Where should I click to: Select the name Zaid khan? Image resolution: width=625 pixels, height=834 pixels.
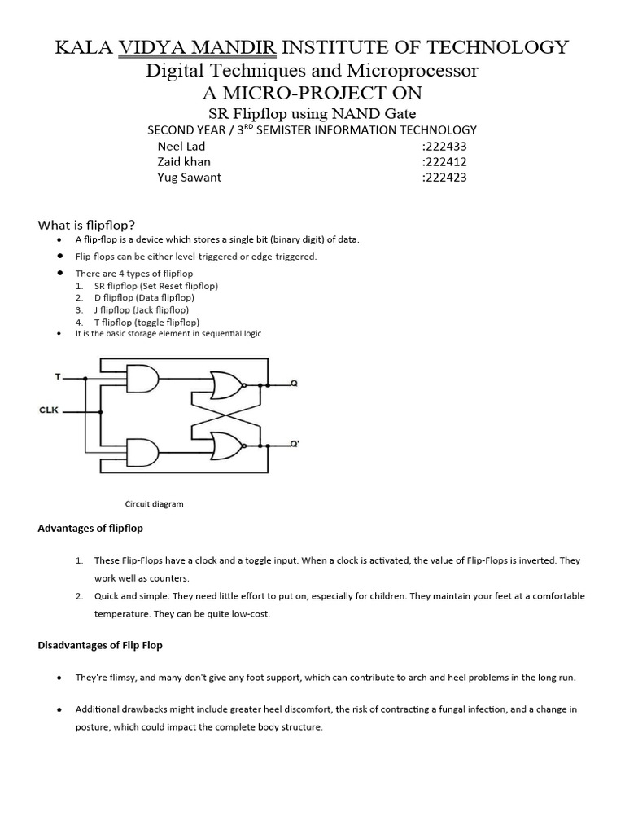(184, 162)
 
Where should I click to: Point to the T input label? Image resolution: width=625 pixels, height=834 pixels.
(57, 377)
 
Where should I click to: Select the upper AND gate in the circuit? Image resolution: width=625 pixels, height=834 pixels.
(144, 378)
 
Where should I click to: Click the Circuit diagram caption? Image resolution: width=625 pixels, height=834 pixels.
(154, 504)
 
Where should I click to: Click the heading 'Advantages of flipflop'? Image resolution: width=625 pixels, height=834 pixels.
(90, 529)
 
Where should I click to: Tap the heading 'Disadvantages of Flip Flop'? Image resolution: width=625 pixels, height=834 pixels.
(100, 645)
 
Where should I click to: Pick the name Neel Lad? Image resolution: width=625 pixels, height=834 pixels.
(181, 147)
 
